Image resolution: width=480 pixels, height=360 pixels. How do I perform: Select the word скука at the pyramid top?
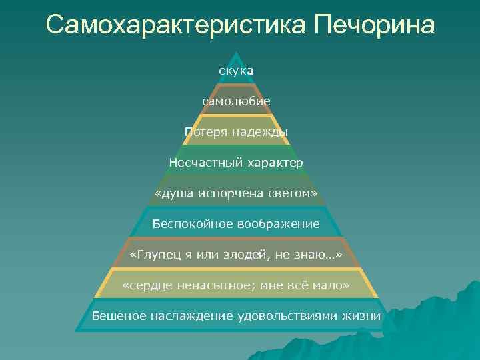[236, 70]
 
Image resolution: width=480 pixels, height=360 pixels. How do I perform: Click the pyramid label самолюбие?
[236, 101]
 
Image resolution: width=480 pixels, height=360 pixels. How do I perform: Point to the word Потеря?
[206, 131]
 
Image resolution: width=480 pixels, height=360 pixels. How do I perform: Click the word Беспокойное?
[189, 223]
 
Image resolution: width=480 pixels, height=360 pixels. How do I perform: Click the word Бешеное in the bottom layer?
[118, 315]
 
